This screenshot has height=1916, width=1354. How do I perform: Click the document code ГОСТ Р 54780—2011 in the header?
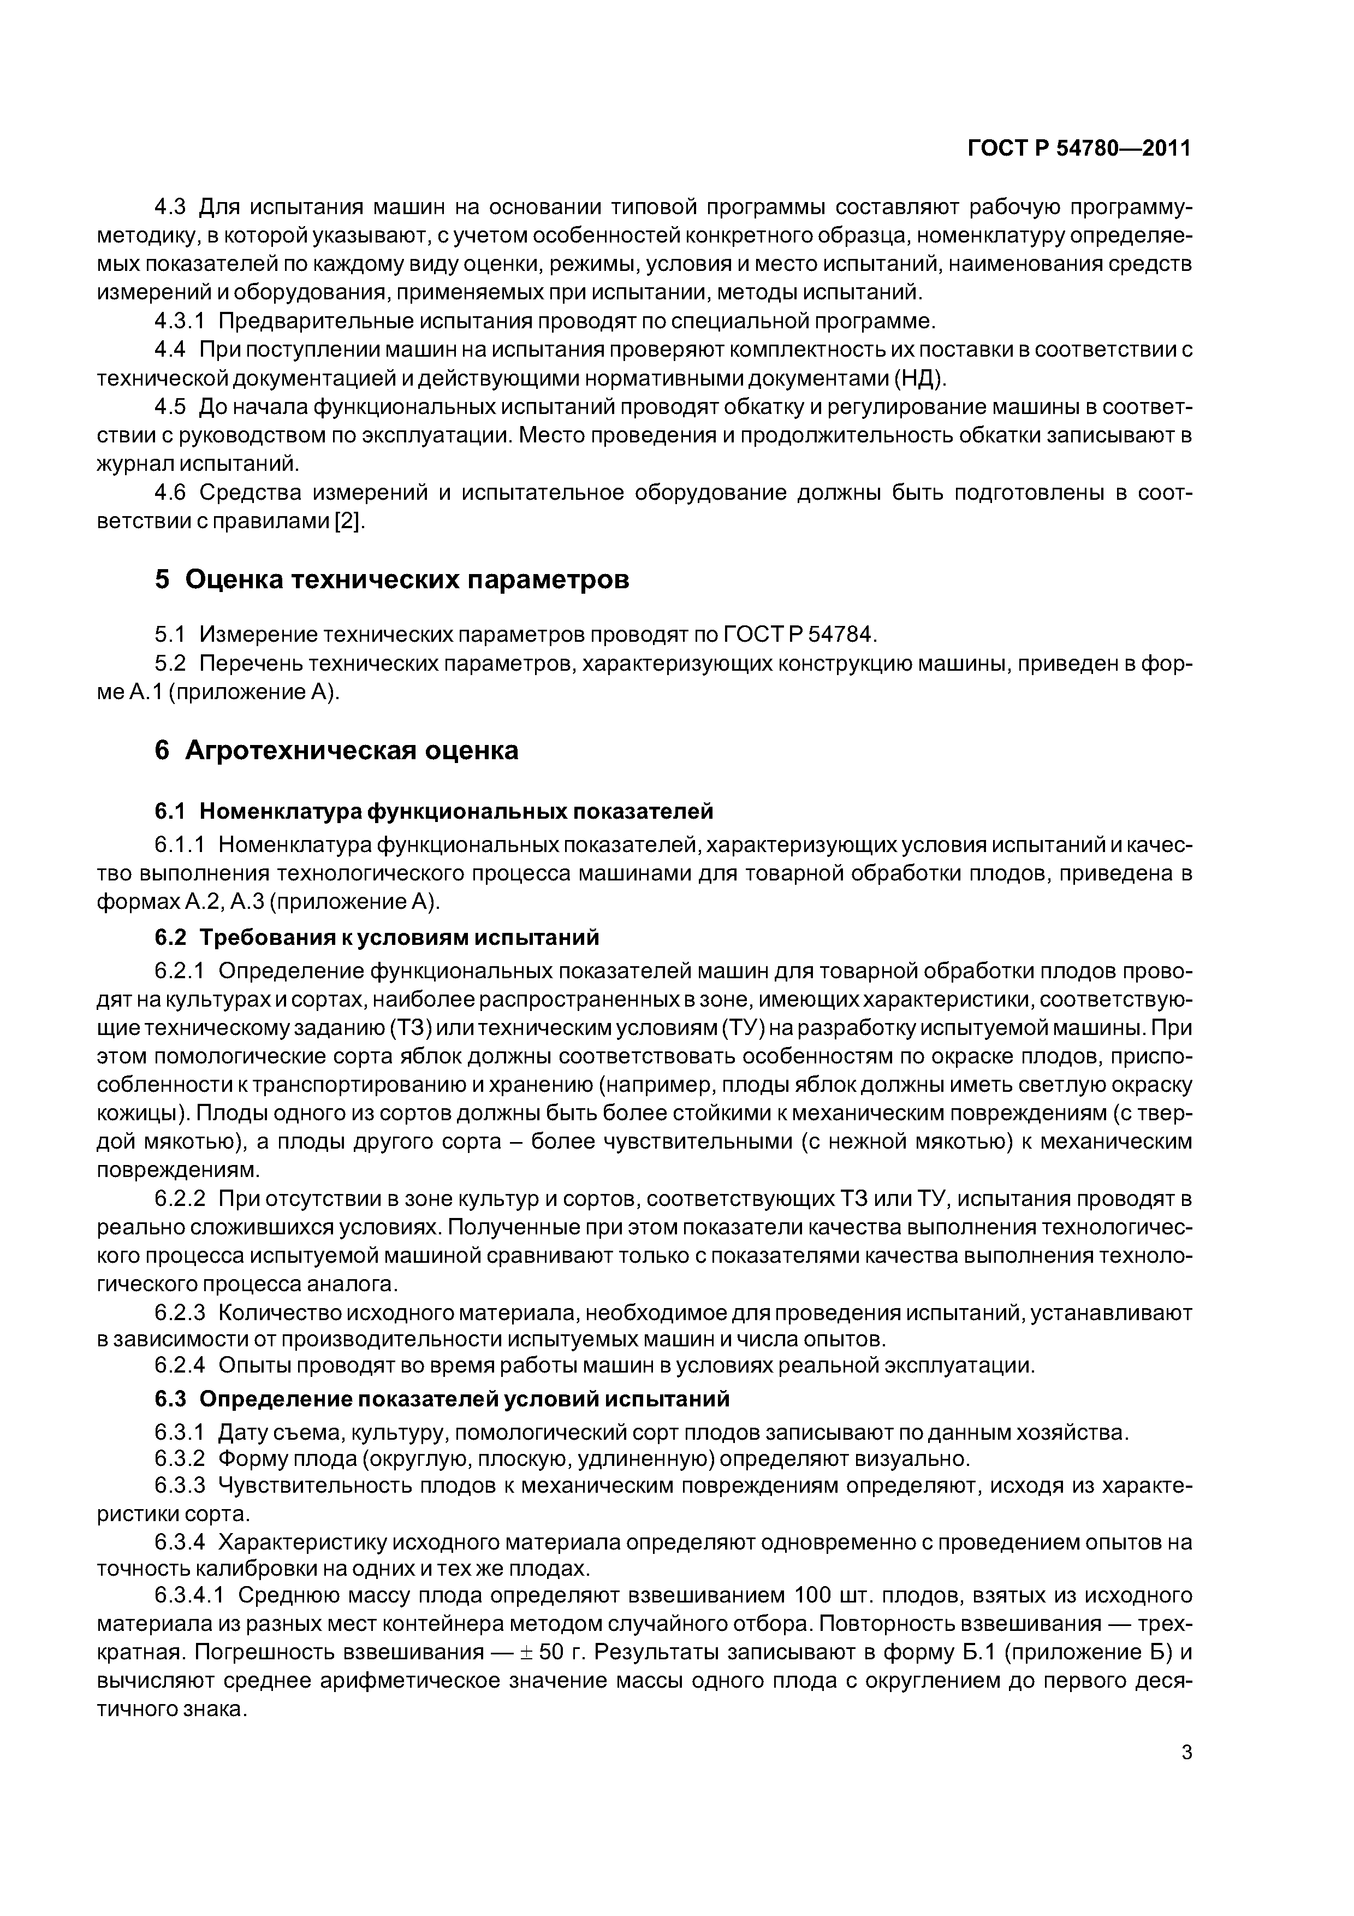[1079, 149]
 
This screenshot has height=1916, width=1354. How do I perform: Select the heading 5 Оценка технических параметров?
[392, 579]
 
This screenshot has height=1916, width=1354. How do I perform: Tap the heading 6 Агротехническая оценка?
[336, 750]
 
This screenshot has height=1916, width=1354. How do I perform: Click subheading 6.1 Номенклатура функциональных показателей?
[434, 811]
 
